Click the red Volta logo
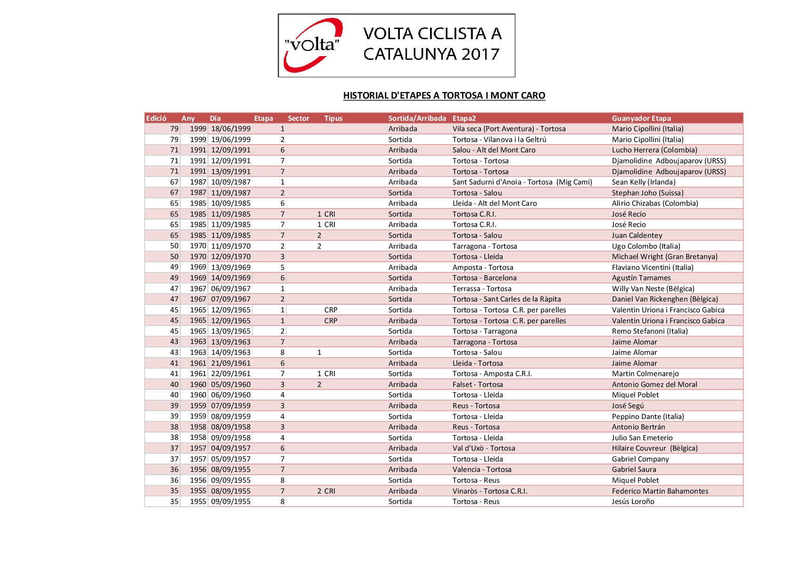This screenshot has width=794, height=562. [313, 45]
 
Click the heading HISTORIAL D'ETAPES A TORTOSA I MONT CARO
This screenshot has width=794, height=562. [444, 95]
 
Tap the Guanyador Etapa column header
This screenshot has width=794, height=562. [641, 118]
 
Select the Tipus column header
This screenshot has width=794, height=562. [333, 118]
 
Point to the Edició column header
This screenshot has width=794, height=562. [156, 118]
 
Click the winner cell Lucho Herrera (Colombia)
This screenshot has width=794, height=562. [654, 150]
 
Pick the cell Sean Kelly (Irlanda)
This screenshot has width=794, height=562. [643, 182]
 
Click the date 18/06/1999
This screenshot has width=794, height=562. [231, 129]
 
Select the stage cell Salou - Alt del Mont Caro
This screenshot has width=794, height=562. [494, 150]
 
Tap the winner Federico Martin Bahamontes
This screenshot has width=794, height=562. [660, 491]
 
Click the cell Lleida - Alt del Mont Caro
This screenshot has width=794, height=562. [494, 203]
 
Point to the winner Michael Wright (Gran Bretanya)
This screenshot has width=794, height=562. [664, 257]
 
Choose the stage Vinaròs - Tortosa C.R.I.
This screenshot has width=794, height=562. [489, 491]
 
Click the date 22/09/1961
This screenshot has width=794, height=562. [231, 374]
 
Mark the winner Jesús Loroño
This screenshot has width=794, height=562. [633, 502]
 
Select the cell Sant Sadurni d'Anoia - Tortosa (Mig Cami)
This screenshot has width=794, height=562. [522, 182]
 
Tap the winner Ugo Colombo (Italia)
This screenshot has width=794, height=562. [645, 246]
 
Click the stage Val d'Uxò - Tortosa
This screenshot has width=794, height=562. [483, 448]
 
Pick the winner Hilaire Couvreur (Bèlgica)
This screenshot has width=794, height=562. [654, 448]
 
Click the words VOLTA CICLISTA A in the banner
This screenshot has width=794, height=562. [432, 34]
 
